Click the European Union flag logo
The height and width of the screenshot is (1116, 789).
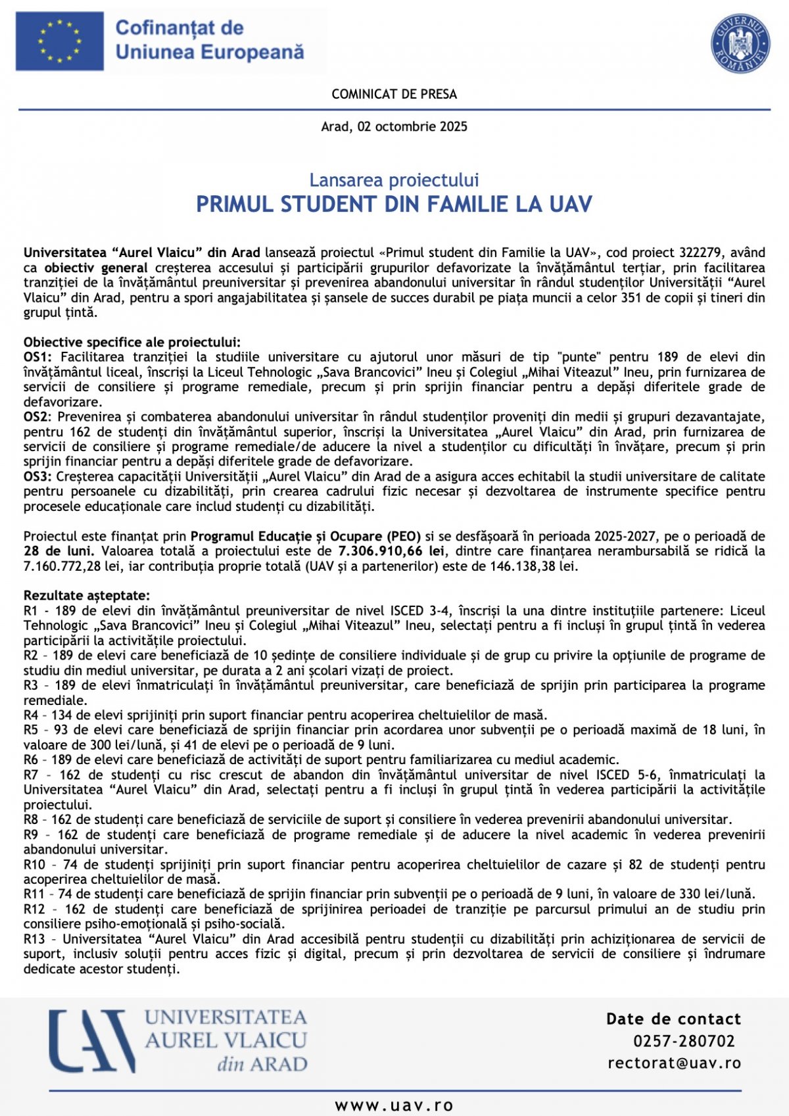pos(60,41)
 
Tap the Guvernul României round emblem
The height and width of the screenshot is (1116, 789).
pos(740,43)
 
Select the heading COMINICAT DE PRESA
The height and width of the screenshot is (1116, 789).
pos(394,94)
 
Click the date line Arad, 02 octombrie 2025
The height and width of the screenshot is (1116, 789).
pos(394,126)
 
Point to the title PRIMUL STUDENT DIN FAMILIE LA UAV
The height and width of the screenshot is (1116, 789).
pos(394,204)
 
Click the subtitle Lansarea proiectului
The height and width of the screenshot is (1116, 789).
pos(394,180)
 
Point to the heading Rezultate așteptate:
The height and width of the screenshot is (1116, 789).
pos(87,596)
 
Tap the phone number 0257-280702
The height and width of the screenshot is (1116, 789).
pos(684,1041)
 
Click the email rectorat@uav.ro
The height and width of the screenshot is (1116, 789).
pos(674,1063)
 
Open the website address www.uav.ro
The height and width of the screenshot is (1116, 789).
pos(394,1105)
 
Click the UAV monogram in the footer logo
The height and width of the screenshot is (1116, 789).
pos(92,1041)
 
